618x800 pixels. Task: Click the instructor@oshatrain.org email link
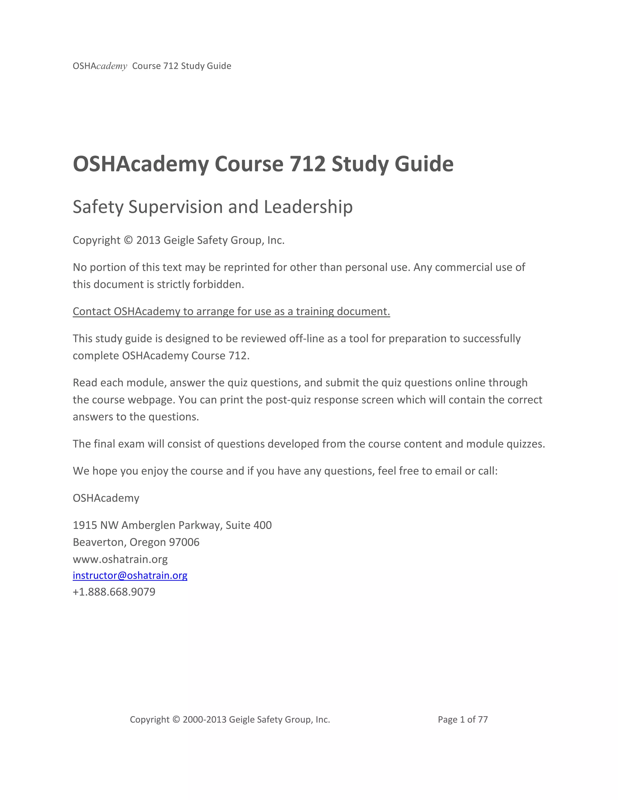(130, 575)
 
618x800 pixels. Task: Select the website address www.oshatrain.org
(120, 559)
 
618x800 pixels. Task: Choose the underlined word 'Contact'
(92, 311)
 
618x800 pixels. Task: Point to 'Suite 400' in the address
(249, 525)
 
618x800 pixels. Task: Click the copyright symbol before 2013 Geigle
(128, 240)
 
